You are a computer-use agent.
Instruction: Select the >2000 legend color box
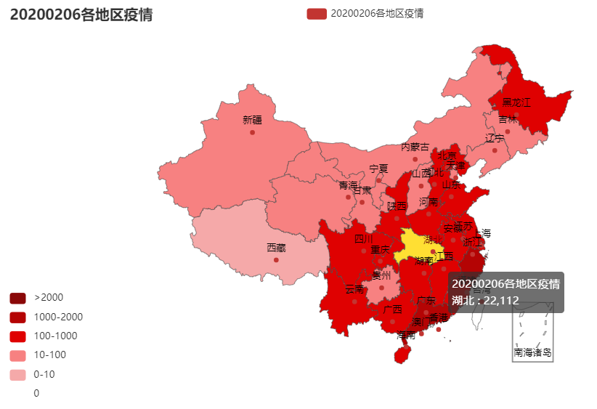pyautogui.click(x=17, y=298)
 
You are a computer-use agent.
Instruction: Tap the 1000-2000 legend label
pyautogui.click(x=58, y=317)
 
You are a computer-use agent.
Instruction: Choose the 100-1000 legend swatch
pyautogui.click(x=17, y=336)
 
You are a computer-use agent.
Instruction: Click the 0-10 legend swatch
pyautogui.click(x=17, y=374)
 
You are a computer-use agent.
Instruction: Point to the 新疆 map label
pyautogui.click(x=252, y=120)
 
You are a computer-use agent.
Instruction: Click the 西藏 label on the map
pyautogui.click(x=276, y=248)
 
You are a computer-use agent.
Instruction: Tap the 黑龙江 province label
pyautogui.click(x=516, y=102)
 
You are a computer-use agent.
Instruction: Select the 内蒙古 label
pyautogui.click(x=415, y=147)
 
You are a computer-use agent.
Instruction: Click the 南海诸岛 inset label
pyautogui.click(x=532, y=352)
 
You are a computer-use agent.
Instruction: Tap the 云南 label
pyautogui.click(x=354, y=289)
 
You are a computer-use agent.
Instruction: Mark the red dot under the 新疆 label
pyautogui.click(x=252, y=132)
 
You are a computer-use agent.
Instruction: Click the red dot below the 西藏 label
pyautogui.click(x=276, y=259)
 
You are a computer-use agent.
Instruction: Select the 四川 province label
pyautogui.click(x=363, y=238)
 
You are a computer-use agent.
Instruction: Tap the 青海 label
pyautogui.click(x=348, y=185)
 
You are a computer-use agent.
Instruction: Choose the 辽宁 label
pyautogui.click(x=495, y=138)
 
